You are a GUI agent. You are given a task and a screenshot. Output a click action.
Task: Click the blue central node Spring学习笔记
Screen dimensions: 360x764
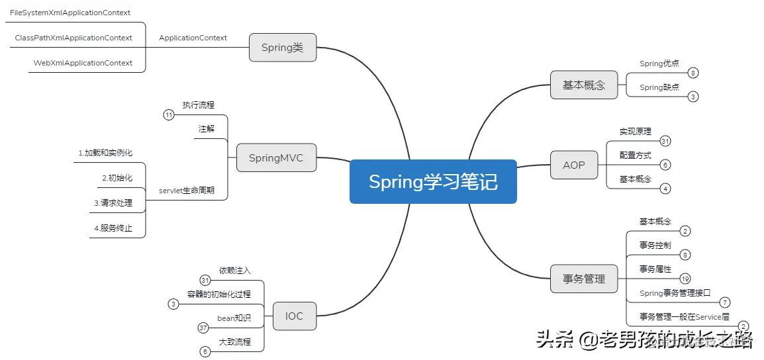click(x=433, y=181)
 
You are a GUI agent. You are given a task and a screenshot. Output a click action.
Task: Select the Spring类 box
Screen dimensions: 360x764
click(x=283, y=48)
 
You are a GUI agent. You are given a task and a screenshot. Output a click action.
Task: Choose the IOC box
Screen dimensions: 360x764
click(x=294, y=316)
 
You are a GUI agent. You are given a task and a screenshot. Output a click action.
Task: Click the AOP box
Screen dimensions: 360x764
click(x=574, y=165)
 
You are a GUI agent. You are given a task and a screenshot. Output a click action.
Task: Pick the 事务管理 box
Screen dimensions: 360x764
click(x=584, y=279)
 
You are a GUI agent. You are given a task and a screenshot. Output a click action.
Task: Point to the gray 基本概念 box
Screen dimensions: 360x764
click(x=584, y=85)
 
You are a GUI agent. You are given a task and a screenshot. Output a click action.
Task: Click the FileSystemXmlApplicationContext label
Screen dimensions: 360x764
click(x=70, y=13)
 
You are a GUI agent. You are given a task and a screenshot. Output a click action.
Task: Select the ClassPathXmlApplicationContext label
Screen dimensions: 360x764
click(x=73, y=38)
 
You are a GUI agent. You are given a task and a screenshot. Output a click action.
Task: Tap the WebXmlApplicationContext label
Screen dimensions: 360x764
click(x=83, y=63)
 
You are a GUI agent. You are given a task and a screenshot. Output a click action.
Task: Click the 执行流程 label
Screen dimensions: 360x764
click(x=199, y=105)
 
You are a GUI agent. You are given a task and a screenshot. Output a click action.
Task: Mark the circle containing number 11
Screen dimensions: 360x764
click(x=169, y=115)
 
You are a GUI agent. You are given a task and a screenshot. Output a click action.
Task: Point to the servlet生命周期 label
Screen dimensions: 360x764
click(x=186, y=191)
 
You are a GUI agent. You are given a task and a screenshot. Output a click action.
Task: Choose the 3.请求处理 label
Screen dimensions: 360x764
click(x=113, y=202)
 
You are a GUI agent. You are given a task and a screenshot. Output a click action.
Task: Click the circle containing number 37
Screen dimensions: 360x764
click(x=204, y=328)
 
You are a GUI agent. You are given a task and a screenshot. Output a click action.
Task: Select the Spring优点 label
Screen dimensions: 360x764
click(x=659, y=64)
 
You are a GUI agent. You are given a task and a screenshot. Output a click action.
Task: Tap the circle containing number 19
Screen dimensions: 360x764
click(x=685, y=279)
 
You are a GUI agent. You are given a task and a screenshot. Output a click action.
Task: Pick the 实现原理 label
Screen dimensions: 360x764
click(x=636, y=131)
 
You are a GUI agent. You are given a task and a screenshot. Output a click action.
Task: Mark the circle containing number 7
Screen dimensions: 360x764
click(x=725, y=302)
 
